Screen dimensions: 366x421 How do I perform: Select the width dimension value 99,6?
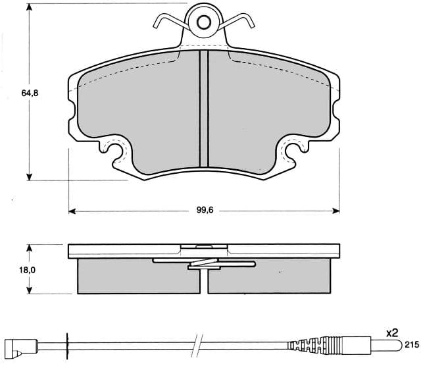pos(207,211)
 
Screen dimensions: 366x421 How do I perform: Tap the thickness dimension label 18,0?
pos(27,269)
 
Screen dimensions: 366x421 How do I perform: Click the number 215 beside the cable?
pos(411,345)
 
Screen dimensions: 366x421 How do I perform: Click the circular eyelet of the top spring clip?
pos(204,22)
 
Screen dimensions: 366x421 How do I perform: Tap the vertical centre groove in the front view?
pos(204,109)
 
